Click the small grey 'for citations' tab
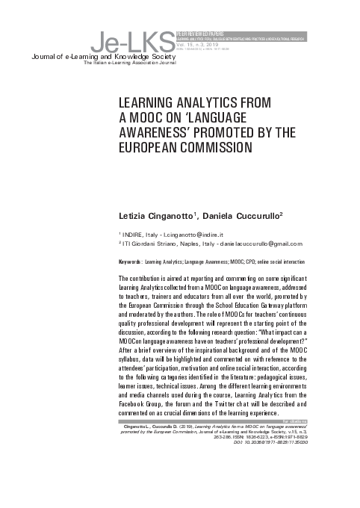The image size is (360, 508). (x=317, y=421)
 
